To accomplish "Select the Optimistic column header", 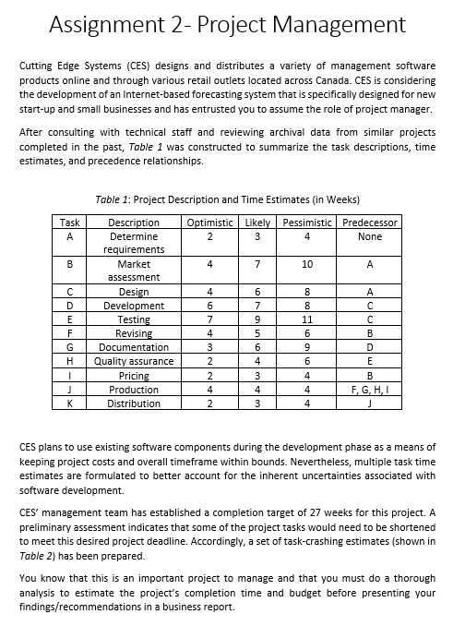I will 210,223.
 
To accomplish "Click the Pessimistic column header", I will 306,223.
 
